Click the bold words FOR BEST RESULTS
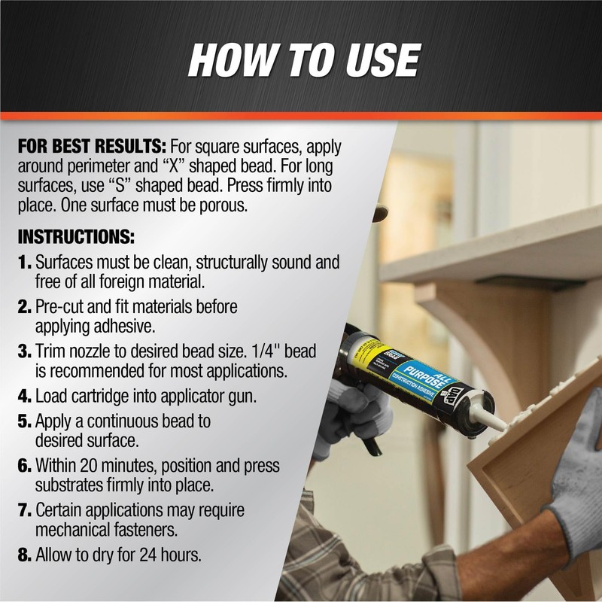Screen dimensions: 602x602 (92, 145)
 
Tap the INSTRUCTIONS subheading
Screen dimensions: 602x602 (75, 237)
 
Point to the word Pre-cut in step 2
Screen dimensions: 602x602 (59, 307)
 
